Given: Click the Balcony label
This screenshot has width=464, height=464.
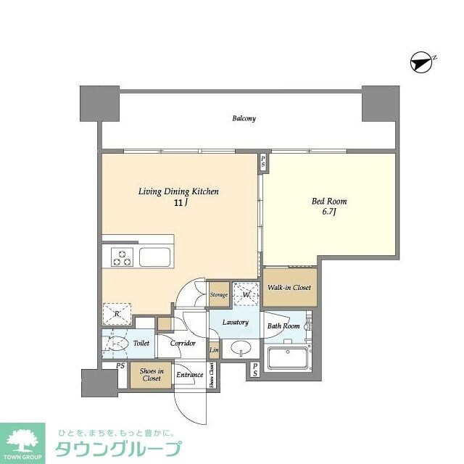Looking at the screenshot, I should click(244, 118).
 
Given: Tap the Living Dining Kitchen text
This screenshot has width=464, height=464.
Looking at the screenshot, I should click(178, 191).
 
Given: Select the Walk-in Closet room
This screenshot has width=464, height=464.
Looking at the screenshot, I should click(289, 288).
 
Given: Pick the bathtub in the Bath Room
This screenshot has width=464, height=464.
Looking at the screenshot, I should click(288, 357).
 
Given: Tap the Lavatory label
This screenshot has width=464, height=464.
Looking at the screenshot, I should click(236, 323).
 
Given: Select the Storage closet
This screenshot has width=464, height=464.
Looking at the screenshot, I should click(219, 294).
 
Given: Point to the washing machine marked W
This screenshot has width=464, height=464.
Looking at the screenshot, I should click(246, 294).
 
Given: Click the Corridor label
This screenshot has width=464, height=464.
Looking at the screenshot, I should click(183, 343).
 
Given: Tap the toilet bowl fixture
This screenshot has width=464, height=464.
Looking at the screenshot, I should click(115, 344).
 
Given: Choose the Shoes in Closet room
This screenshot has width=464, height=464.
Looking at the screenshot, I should click(152, 375).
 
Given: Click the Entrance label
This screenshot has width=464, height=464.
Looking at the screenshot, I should click(189, 375).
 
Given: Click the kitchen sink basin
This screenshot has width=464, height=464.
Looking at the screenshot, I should click(154, 257).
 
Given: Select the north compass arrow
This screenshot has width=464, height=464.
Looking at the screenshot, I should click(422, 63).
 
